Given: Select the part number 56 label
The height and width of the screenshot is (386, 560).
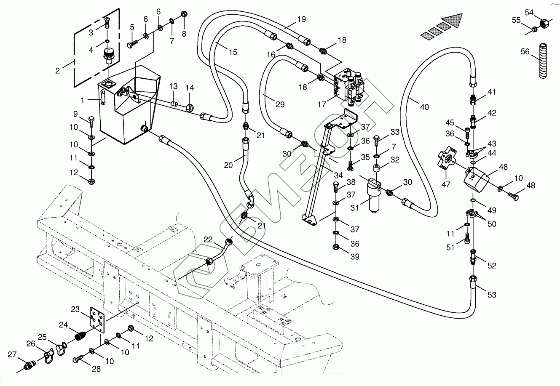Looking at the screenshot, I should tap(525, 52).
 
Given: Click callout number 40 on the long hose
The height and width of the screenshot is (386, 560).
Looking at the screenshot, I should tap(424, 107).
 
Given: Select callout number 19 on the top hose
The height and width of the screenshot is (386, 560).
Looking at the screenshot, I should tap(301, 19).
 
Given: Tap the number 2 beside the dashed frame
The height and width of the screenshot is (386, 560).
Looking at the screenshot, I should tap(58, 70).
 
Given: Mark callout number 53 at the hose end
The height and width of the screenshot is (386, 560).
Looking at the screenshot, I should tap(492, 295).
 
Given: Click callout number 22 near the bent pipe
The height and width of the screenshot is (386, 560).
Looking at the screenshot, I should tap(208, 240).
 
